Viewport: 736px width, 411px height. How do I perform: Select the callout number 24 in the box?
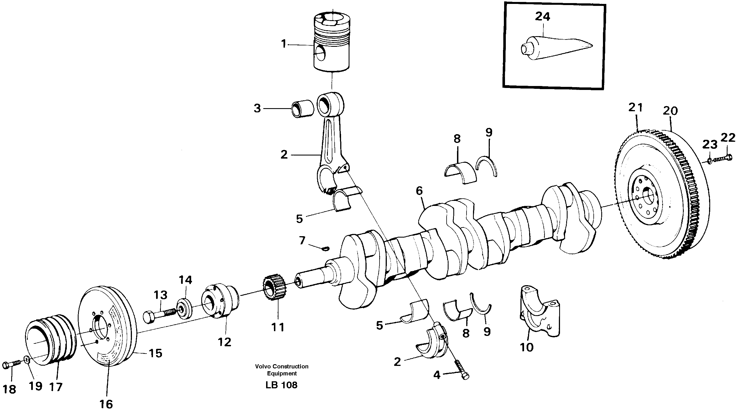coord(542,17)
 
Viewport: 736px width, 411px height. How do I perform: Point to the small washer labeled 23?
coord(710,162)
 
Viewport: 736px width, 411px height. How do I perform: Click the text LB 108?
coord(282,385)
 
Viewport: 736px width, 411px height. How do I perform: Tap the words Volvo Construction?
coord(282,366)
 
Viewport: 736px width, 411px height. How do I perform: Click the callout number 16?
coord(106,404)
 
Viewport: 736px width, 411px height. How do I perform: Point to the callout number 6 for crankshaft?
coord(419,191)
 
